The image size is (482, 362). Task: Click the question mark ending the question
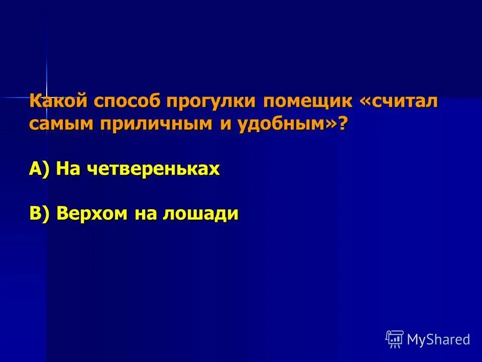342,124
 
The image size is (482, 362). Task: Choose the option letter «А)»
40,169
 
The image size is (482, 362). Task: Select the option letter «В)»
40,213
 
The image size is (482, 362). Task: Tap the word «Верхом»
92,214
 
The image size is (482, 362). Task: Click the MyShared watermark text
438,339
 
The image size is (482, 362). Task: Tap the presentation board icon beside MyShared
395,339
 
